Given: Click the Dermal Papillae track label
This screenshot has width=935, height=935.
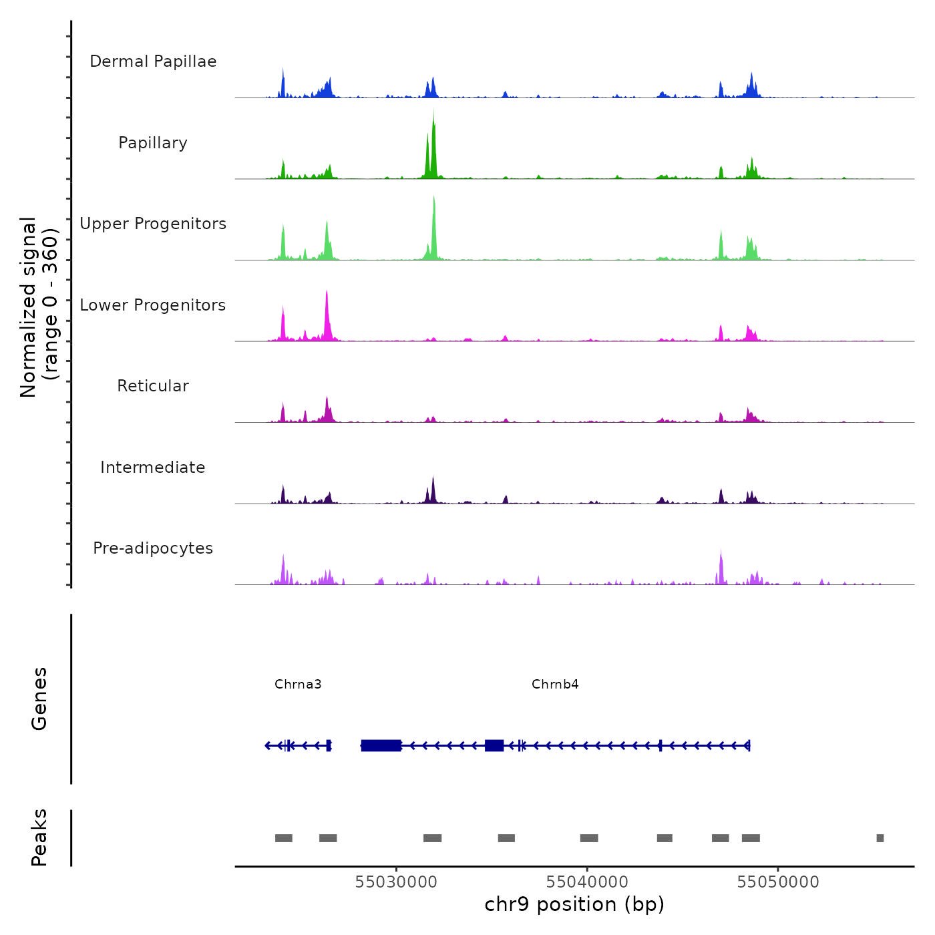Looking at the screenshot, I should tap(153, 61).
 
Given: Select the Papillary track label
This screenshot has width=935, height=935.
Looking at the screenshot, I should tap(153, 143).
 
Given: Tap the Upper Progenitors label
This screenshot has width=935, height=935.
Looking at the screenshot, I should tap(153, 224).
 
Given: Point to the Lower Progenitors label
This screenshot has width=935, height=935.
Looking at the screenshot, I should tap(153, 305).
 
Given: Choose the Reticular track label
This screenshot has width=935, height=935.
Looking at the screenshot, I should tap(153, 386).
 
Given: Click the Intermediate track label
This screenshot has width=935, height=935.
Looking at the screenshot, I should tap(153, 467).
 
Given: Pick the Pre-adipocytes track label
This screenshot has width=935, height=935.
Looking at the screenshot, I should tap(153, 548).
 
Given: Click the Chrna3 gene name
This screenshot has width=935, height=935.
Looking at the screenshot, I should tap(298, 684).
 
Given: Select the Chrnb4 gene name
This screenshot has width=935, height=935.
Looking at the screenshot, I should tap(555, 684).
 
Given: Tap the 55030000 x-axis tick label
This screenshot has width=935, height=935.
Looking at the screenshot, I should tap(396, 882).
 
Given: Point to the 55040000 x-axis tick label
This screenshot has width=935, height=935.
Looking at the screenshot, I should tap(587, 882).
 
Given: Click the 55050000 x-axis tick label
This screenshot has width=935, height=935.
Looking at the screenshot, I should tap(778, 882).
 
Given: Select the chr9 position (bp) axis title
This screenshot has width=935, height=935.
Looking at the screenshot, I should tap(574, 904).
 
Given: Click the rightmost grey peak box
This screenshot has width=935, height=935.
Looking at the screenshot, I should tap(880, 838).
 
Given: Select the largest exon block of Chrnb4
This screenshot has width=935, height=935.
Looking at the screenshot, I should tap(381, 745).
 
